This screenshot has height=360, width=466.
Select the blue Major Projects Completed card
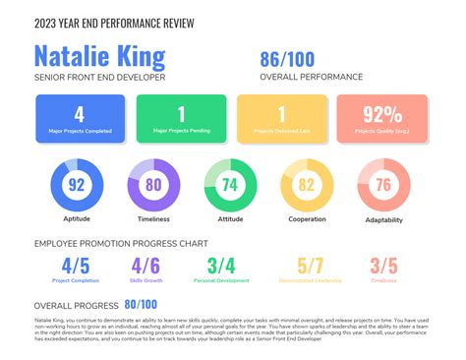pos(80,118)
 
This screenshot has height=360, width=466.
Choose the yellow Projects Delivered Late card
pos(282,118)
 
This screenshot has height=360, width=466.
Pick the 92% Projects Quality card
pos(382,118)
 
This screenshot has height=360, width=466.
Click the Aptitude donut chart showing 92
pos(76,184)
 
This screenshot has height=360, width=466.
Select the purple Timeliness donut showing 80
pos(153,184)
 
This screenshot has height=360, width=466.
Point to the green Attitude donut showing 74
pos(229,184)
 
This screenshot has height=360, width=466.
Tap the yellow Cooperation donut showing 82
pos(306,184)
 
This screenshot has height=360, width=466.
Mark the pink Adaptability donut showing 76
pos(382,184)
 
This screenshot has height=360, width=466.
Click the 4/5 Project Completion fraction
pos(76,265)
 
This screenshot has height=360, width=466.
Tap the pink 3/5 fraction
pos(384,265)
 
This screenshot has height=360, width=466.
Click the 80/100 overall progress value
pos(141,305)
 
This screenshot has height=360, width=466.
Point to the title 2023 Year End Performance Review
pos(113,23)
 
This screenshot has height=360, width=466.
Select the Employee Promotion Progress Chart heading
pos(120,241)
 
